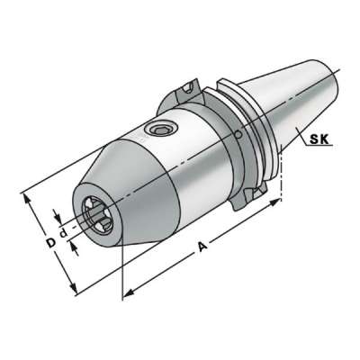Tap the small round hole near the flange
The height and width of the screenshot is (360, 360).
pyautogui.click(x=238, y=135)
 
